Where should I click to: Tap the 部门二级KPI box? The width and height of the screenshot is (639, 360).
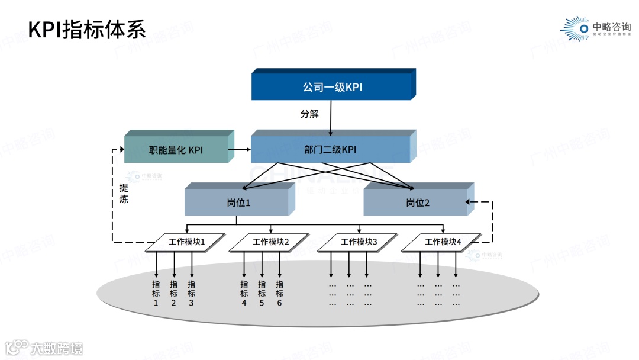click(330, 150)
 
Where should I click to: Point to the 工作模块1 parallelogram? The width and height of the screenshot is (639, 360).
click(186, 242)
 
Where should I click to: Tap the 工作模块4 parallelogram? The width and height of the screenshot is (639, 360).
click(443, 242)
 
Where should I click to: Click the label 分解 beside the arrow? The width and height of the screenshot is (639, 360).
click(309, 114)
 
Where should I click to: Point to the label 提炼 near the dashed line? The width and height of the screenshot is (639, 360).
click(123, 194)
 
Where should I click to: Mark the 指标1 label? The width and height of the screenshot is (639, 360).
click(156, 293)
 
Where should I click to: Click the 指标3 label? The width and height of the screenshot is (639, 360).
click(191, 293)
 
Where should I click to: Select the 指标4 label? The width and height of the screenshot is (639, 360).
click(244, 293)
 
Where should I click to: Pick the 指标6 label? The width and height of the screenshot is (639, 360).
click(279, 293)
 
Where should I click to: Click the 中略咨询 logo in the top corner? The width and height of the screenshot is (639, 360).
click(596, 28)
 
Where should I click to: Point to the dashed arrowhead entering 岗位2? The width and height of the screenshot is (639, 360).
click(469, 202)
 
